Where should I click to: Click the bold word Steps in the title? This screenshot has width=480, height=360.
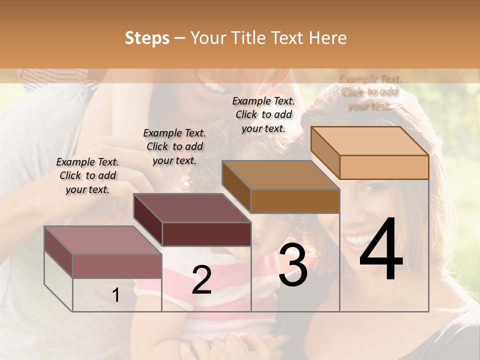147,38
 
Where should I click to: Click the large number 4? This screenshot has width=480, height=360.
381,251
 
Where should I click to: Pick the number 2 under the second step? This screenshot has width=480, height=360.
201,280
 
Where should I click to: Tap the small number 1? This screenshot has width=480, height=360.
116,295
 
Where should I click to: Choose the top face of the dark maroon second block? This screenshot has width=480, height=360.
192,208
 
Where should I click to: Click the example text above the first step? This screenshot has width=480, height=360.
87,176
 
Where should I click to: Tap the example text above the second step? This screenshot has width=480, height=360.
174,146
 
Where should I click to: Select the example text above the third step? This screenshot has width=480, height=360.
263,114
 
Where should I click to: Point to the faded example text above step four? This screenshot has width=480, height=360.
369,92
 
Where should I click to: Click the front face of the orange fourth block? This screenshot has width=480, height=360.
384,167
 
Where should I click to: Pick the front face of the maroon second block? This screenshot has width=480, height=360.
206,234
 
